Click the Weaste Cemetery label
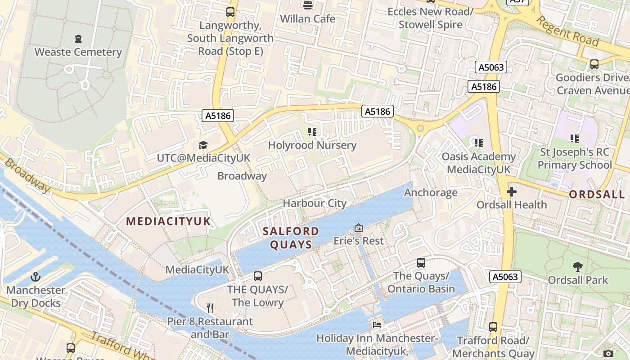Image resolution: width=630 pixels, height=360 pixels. (78, 52)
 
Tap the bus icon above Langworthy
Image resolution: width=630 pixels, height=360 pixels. (230, 12)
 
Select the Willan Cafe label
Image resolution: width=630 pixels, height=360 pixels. (307, 19)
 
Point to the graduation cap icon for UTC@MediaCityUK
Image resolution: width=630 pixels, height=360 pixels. (203, 145)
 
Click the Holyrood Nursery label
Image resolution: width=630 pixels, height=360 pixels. (312, 145)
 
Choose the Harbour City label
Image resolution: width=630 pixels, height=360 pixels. (315, 203)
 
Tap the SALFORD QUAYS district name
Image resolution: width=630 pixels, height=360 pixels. (291, 238)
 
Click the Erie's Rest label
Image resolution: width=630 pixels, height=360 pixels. (358, 241)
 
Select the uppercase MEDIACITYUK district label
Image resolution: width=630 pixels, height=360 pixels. (168, 221)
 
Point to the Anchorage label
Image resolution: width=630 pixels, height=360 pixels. (431, 193)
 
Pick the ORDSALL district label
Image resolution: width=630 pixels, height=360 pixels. (597, 195)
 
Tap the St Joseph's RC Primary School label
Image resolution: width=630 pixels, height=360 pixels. (575, 159)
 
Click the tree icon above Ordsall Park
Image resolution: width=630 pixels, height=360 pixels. (578, 267)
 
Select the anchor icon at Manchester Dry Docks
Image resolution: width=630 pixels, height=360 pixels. (36, 277)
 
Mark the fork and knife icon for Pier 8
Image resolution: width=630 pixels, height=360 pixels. (210, 308)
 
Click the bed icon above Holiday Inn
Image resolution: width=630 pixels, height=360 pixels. (377, 324)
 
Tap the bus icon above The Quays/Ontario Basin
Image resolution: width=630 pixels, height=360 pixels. (421, 262)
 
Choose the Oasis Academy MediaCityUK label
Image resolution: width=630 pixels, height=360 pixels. (478, 163)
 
